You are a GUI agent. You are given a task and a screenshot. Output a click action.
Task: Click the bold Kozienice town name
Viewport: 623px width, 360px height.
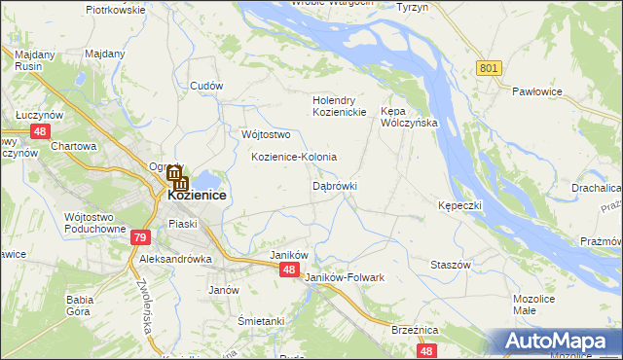pos(197,195)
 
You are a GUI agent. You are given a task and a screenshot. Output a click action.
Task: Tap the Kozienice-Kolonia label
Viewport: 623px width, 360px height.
pos(294,157)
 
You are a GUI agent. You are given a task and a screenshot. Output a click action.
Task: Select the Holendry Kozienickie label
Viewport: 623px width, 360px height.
pos(339,106)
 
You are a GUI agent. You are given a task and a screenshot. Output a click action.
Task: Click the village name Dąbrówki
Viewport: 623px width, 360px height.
pos(335,185)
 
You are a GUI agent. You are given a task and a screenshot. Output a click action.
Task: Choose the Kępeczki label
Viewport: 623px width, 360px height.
pos(459,206)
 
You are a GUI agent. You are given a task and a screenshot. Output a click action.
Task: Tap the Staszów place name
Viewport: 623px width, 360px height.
pos(451,265)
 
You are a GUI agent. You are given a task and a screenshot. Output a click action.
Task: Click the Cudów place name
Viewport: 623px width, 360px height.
pos(207,86)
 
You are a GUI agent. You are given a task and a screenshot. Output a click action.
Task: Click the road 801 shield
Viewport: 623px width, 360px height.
pos(489,67)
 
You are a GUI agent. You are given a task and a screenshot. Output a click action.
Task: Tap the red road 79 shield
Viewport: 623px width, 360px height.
pos(141,236)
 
